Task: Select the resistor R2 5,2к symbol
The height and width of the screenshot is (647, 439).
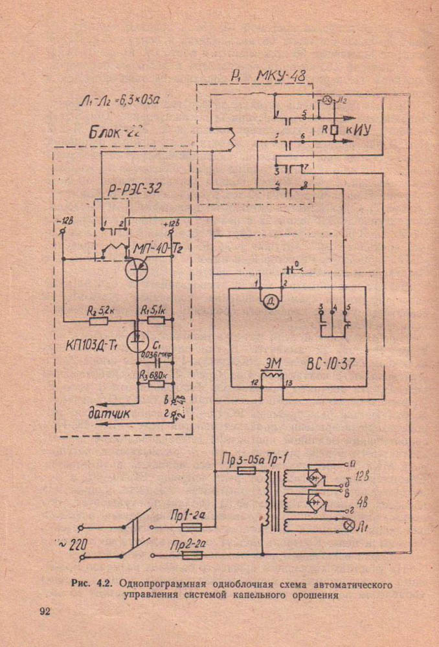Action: (x=98, y=320)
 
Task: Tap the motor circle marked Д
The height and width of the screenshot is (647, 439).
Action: (x=269, y=298)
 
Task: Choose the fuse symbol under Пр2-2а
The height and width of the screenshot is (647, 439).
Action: (x=192, y=554)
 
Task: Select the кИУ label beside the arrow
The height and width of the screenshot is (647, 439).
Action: (x=359, y=129)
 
